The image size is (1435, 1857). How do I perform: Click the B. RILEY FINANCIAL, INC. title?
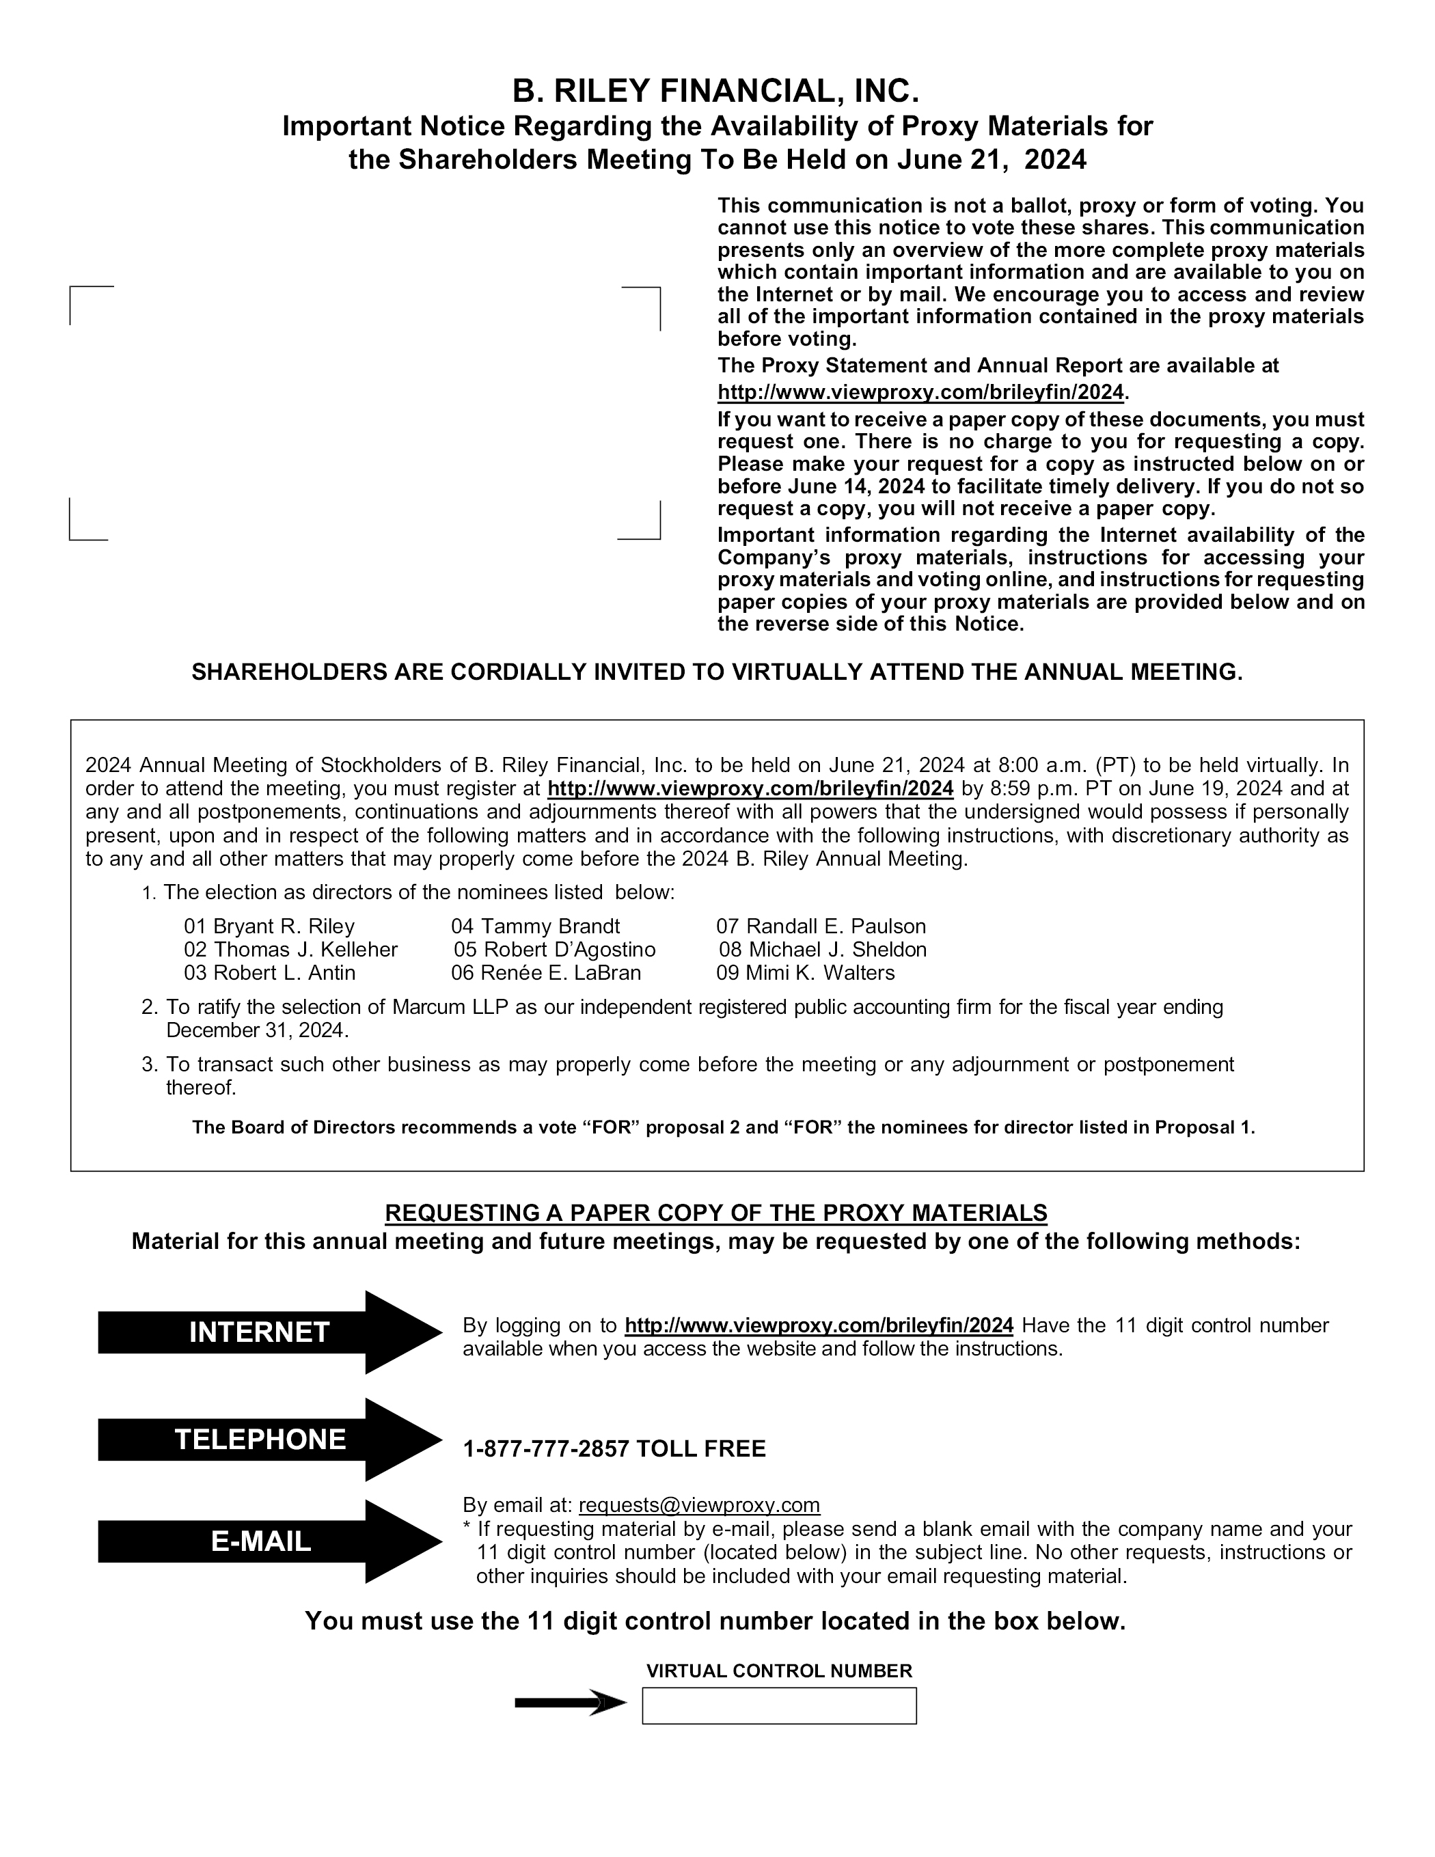coord(716,91)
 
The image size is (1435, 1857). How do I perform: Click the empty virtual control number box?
coord(778,1705)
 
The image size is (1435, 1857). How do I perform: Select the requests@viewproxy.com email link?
coord(698,1505)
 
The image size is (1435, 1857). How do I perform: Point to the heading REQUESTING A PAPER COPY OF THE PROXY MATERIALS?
coord(716,1213)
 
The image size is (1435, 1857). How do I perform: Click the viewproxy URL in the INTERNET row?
coord(819,1325)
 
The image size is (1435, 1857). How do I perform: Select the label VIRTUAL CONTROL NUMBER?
coord(778,1670)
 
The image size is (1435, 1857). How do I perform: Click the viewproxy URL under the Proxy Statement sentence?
coord(920,392)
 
